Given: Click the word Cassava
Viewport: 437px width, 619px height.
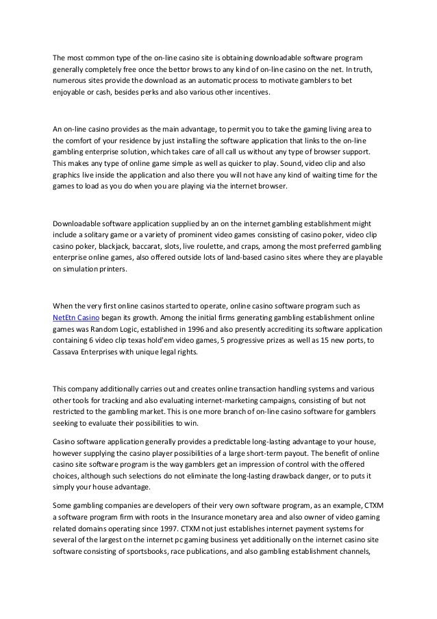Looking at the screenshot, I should click(x=67, y=353).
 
